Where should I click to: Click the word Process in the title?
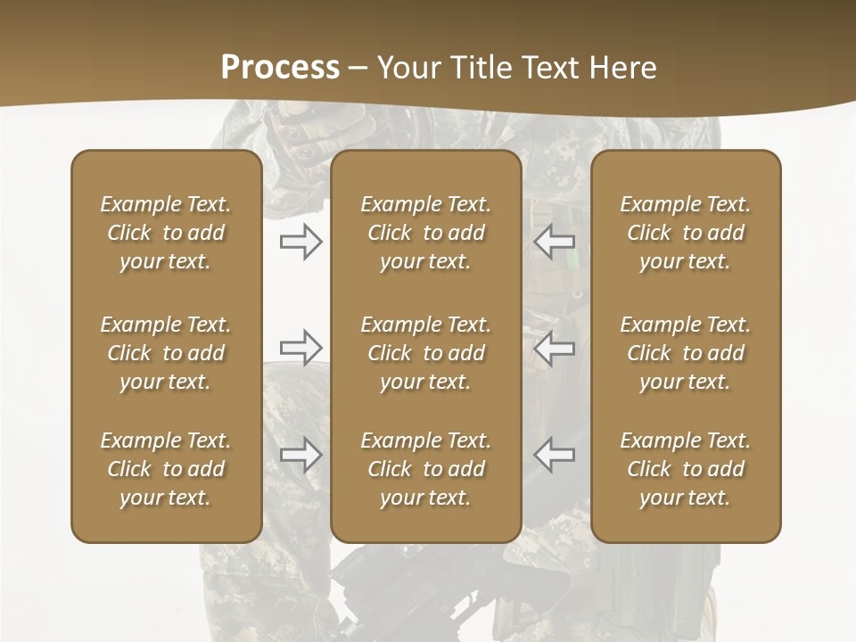tap(280, 68)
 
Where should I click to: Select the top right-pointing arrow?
tap(300, 241)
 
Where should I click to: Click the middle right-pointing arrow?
tap(300, 347)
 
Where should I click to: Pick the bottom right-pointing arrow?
tap(300, 455)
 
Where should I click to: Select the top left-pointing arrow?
tap(555, 241)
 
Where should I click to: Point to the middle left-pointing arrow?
tap(555, 347)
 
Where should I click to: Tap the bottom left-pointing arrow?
tap(555, 455)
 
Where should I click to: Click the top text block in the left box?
tap(166, 233)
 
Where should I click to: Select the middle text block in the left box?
tap(166, 353)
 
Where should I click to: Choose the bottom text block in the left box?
tap(166, 469)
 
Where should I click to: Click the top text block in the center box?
tap(425, 233)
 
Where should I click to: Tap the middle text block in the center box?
tap(425, 353)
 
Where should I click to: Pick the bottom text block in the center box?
tap(425, 469)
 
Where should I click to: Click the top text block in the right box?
tap(686, 233)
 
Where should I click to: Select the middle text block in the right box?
tap(686, 353)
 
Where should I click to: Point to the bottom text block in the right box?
tap(686, 469)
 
